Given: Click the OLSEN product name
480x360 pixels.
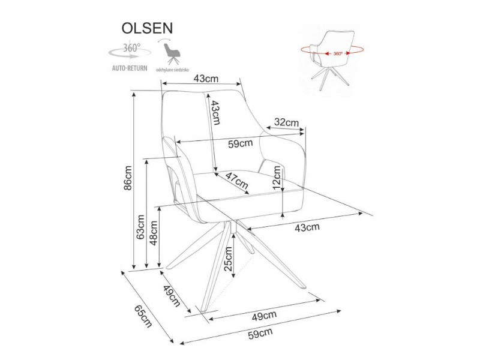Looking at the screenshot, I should pyautogui.click(x=148, y=28).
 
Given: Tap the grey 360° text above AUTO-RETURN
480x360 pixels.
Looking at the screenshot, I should pyautogui.click(x=132, y=47).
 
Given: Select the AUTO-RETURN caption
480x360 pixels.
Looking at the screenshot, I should pyautogui.click(x=129, y=68).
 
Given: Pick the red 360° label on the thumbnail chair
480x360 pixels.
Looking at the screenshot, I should pyautogui.click(x=338, y=53).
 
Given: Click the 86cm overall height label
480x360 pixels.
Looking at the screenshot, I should pyautogui.click(x=127, y=178).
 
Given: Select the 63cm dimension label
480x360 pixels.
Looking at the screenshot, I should pyautogui.click(x=140, y=226).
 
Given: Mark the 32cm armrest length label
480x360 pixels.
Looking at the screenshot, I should pyautogui.click(x=286, y=122).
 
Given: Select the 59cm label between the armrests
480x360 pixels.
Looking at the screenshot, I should pyautogui.click(x=240, y=143).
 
